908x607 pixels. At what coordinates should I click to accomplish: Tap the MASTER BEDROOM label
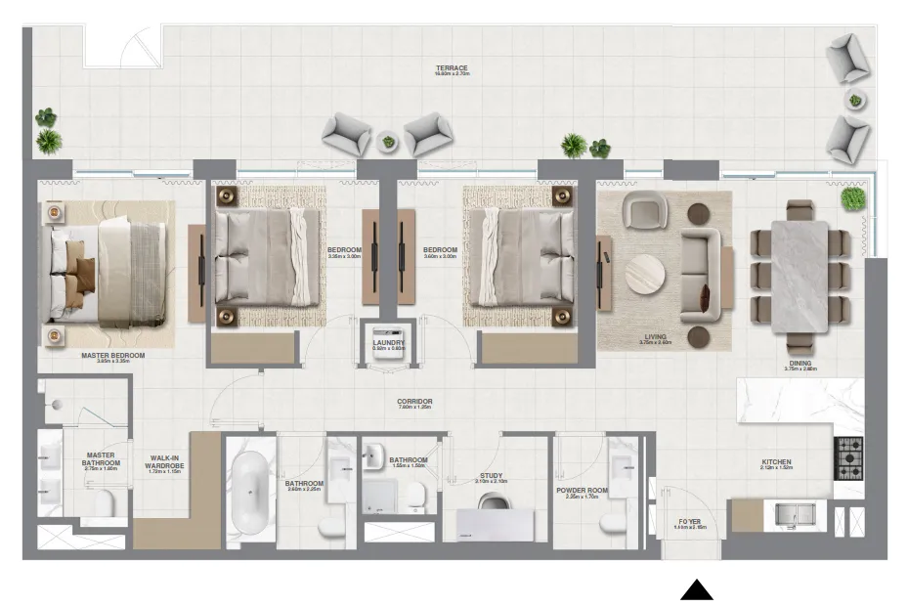click(113, 357)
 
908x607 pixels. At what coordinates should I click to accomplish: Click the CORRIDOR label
click(414, 402)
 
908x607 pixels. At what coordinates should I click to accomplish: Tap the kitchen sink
click(797, 513)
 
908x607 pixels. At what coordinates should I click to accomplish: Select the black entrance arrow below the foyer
click(696, 589)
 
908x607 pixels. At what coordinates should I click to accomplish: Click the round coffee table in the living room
click(646, 275)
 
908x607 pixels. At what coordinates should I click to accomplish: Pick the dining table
click(800, 277)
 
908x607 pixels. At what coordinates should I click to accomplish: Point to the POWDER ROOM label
click(583, 491)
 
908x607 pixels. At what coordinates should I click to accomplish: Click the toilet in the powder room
click(615, 524)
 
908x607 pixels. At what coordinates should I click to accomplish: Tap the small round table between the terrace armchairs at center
click(389, 142)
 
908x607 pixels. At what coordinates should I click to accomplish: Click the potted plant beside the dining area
click(853, 198)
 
